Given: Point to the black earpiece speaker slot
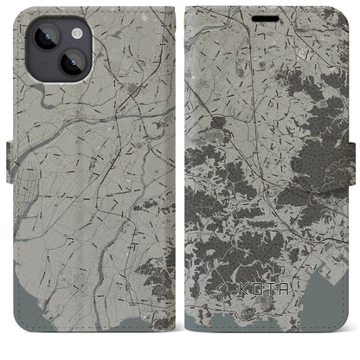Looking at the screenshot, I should (x=266, y=16).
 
